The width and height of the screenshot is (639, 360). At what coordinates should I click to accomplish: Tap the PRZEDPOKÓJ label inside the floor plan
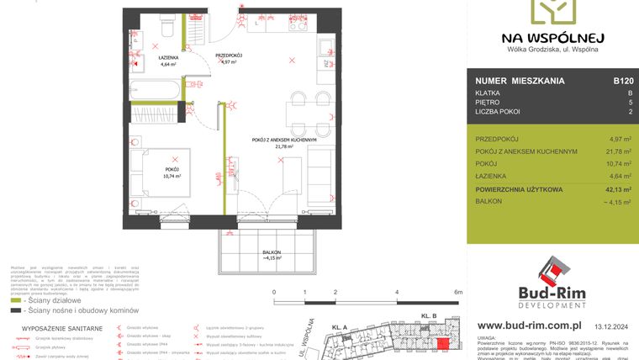(x=228, y=56)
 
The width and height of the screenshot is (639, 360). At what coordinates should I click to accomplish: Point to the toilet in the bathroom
(x=167, y=28)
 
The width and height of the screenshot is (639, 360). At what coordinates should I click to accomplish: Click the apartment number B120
(x=623, y=82)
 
